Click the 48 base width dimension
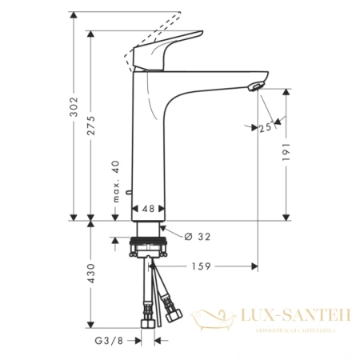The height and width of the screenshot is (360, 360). click(x=148, y=208)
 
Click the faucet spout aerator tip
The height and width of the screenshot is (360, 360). click(x=255, y=87)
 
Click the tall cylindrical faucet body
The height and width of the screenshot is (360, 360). click(x=148, y=144)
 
